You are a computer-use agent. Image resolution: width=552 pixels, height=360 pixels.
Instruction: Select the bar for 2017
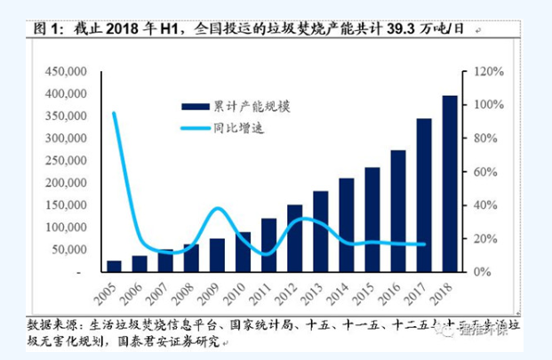[x=425, y=195]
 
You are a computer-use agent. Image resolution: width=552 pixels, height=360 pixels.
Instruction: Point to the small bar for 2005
[x=114, y=266]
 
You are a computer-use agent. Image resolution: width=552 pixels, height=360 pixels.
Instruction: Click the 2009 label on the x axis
[x=212, y=292]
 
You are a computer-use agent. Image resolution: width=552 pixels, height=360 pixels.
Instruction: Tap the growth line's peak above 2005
[x=114, y=113]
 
